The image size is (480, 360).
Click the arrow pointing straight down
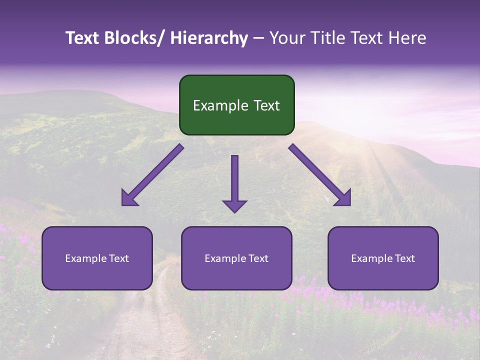click(x=234, y=182)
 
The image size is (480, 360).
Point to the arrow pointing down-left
click(x=152, y=175)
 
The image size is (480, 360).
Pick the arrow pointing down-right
click(x=320, y=175)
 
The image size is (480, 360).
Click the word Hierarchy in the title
click(x=208, y=38)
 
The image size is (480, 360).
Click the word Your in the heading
click(x=286, y=38)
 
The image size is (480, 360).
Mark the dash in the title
click(x=258, y=38)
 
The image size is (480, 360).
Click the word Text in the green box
click(x=266, y=105)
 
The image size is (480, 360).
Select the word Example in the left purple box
click(x=85, y=258)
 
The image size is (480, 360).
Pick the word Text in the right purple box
click(x=404, y=258)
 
